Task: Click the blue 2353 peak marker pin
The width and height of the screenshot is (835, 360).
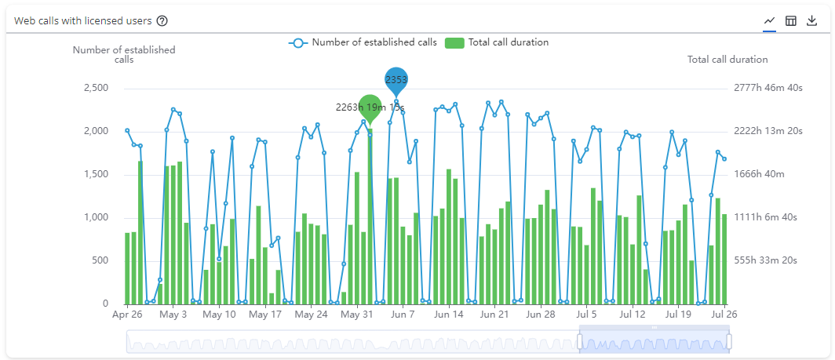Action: pos(396,80)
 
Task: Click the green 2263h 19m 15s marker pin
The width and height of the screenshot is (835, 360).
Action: pos(370,107)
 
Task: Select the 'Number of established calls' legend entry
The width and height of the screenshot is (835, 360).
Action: pos(363,42)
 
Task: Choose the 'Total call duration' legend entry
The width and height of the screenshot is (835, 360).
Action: pos(497,42)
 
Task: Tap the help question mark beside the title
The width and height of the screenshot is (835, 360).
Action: pos(162,20)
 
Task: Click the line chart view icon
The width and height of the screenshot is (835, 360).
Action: pos(770,20)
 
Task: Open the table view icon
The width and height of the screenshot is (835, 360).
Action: pos(791,20)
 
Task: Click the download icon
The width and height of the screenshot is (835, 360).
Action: pos(812,20)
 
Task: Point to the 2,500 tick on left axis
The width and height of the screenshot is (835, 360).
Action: pos(95,88)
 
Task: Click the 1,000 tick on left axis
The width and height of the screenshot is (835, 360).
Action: pos(95,217)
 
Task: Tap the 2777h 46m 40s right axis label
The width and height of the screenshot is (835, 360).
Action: pos(768,88)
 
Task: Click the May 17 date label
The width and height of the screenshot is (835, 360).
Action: pos(265,315)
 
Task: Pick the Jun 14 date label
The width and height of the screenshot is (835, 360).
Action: pos(449,315)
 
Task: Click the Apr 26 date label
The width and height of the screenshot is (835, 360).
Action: pos(127,315)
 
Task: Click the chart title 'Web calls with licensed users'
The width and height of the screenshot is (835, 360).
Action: pos(82,20)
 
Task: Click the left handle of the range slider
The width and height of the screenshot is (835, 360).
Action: pos(581,341)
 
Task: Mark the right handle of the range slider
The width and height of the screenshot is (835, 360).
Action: pos(729,341)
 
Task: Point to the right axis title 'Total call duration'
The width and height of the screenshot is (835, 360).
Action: pos(727,60)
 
